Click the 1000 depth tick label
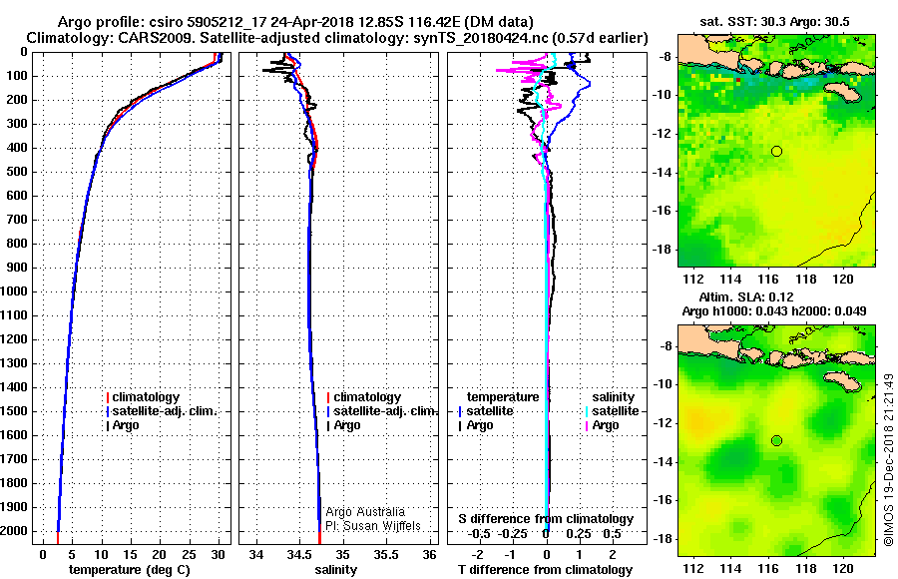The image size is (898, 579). pos(16,291)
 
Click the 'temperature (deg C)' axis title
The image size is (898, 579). pos(129,570)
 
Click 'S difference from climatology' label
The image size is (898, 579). pos(546,519)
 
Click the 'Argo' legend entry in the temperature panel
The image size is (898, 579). pos(128,425)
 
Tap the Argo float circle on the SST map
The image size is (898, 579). pos(776,151)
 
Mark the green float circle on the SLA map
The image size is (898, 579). pos(776,440)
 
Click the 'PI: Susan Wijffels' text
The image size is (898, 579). pos(374,526)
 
